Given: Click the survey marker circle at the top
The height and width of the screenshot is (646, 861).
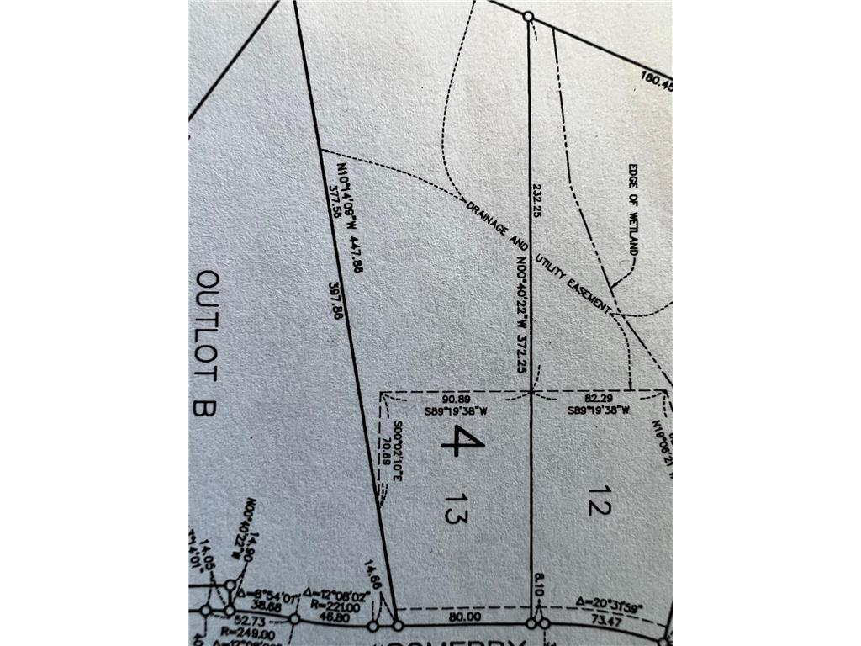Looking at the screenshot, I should (x=528, y=16).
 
